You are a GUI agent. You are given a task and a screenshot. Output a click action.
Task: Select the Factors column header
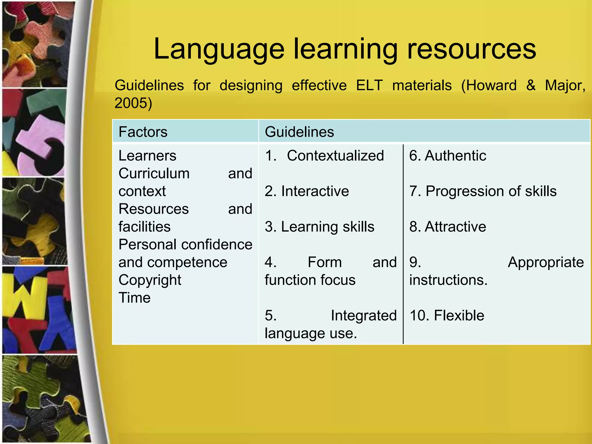pos(143,132)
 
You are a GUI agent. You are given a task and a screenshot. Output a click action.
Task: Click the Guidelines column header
pos(299,132)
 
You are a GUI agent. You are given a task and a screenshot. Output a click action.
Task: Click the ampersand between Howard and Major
pos(531,85)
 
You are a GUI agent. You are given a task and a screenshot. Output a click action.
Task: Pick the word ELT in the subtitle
pos(369,85)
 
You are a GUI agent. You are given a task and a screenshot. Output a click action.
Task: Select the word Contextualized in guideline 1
pos(335,156)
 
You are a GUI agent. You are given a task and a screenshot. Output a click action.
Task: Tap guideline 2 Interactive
pos(307,191)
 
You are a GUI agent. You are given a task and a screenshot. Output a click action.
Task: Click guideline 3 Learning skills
pos(319,227)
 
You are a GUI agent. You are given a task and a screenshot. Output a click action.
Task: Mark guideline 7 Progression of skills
pos(483,191)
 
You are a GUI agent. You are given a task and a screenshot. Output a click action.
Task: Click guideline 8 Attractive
pos(447,227)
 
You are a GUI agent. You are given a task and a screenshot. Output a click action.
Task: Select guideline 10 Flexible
pos(447,315)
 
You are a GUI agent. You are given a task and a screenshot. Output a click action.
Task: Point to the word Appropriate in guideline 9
pos(546,262)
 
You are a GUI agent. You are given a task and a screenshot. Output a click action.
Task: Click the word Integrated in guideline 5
pos(364,315)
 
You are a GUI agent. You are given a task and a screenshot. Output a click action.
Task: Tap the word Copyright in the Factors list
pos(150,280)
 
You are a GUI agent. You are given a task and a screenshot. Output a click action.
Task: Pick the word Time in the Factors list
pos(134,298)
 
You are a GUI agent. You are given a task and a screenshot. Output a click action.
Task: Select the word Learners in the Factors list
pos(147,156)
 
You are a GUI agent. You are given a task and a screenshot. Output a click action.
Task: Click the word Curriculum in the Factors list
pos(154,173)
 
